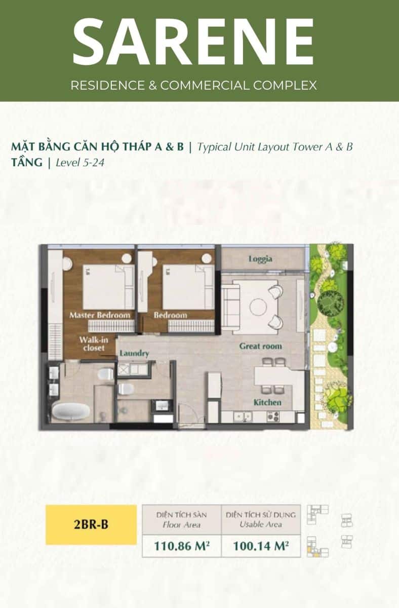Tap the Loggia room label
260,259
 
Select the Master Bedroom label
100,315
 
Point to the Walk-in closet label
94,344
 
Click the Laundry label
134,354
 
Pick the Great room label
260,346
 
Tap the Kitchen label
267,402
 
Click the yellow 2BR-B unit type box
91,525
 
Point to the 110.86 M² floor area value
182,546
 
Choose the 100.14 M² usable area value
261,546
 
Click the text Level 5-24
80,163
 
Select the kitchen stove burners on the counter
273,416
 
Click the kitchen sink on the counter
243,417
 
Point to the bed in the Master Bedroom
108,287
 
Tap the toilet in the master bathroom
106,375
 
